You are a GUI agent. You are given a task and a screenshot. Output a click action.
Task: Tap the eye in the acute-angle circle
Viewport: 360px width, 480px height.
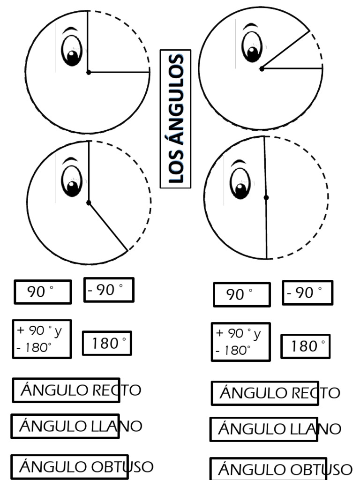click(x=252, y=47)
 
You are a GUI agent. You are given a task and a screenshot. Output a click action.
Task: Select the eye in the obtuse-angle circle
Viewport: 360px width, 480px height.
click(x=72, y=180)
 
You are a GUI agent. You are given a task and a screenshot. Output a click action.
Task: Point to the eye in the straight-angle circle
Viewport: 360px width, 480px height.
click(x=240, y=183)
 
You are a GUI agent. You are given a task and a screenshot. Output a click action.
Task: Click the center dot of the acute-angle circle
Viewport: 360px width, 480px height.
click(x=262, y=69)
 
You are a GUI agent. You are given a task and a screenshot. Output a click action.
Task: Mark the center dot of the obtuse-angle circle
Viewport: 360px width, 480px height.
click(x=89, y=202)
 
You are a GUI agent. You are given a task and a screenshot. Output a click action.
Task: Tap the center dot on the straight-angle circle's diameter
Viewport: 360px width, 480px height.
click(x=266, y=198)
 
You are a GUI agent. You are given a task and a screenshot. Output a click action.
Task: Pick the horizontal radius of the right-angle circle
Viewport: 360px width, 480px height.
click(x=119, y=72)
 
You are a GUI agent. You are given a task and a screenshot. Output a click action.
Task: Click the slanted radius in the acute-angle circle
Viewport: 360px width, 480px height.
click(x=285, y=50)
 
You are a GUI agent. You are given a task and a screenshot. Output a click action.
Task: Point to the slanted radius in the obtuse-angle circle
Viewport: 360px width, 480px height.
click(x=108, y=226)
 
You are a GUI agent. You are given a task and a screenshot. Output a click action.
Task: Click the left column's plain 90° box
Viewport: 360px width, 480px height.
click(x=43, y=292)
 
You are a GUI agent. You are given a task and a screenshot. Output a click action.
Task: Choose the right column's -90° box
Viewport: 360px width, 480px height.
click(x=307, y=293)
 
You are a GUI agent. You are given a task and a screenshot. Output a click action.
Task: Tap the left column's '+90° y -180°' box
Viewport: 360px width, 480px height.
click(x=42, y=339)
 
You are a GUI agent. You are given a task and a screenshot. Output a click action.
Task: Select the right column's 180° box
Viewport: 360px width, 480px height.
click(x=306, y=346)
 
